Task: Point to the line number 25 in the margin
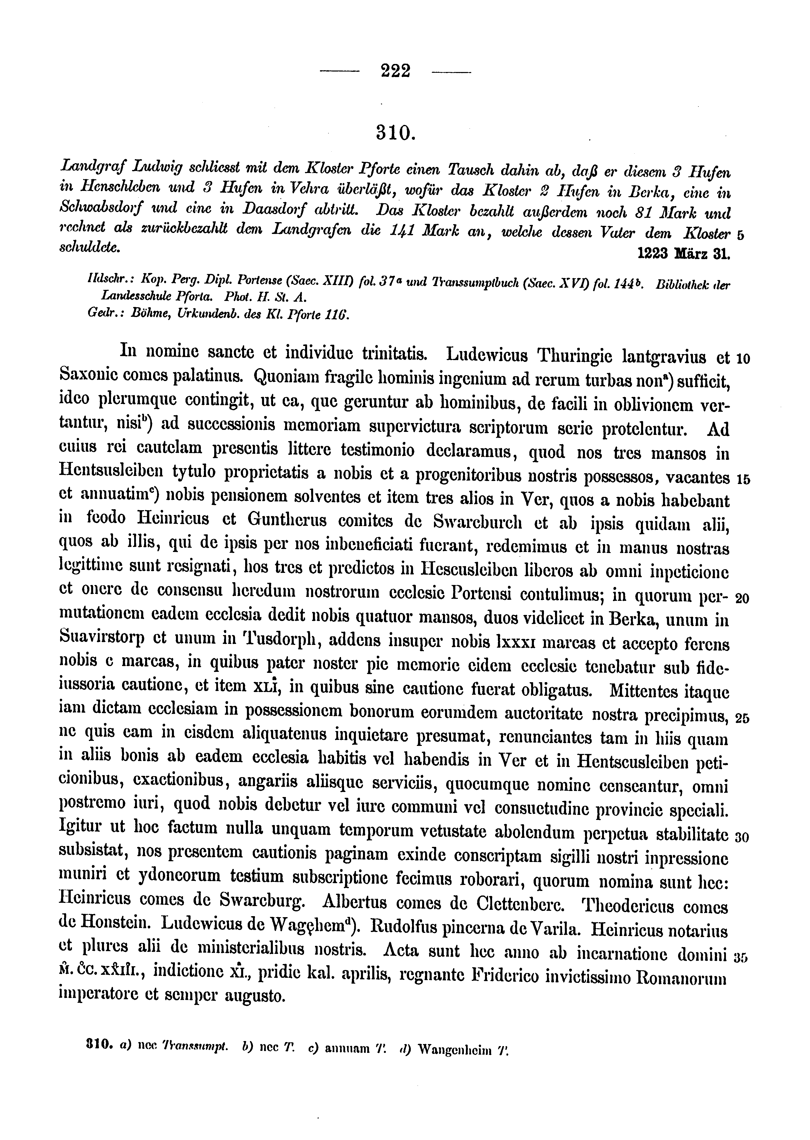[743, 718]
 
